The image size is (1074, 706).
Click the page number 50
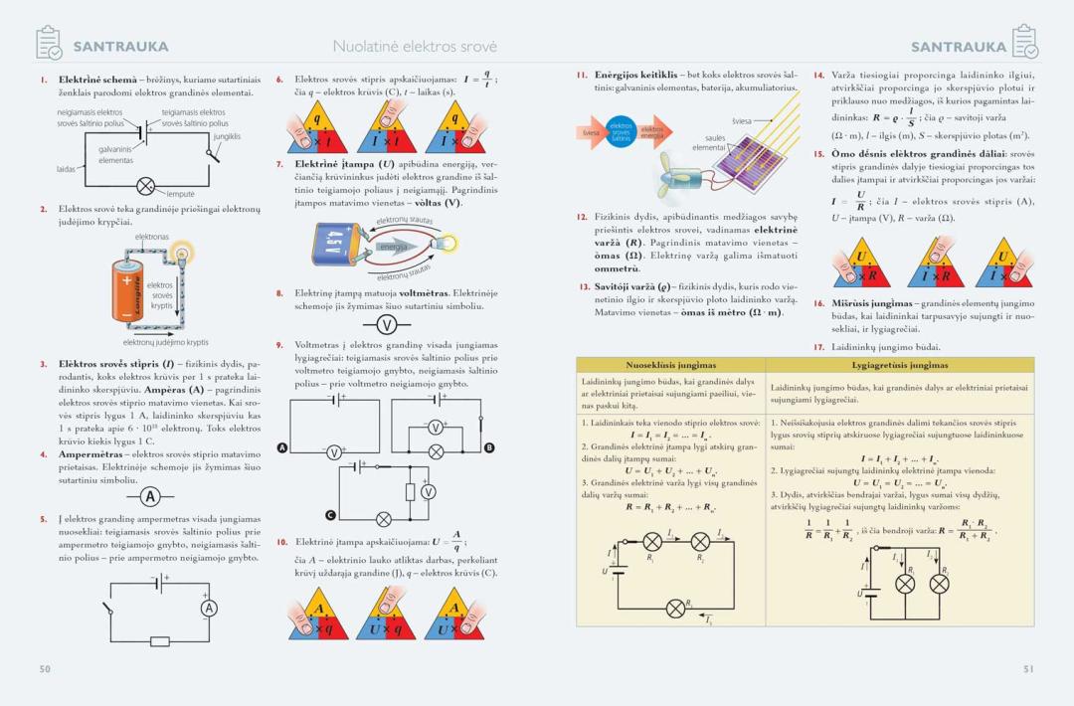(x=45, y=669)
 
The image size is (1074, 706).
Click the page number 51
(x=1029, y=669)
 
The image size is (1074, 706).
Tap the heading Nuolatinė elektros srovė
(x=415, y=47)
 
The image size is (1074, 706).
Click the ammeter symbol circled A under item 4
(x=150, y=496)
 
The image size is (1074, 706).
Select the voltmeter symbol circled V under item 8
(x=387, y=325)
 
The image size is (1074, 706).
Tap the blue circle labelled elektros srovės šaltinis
(x=621, y=131)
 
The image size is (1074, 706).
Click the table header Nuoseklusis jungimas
(x=670, y=365)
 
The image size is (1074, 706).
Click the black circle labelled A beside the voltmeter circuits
(x=282, y=448)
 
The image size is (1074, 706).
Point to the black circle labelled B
(x=488, y=448)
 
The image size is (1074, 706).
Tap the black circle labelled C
(x=330, y=515)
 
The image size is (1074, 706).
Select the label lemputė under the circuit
(x=180, y=194)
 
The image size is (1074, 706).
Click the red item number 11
(x=582, y=75)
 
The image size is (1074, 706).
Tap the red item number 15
(x=818, y=154)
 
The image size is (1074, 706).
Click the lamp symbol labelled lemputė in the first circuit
(x=146, y=186)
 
